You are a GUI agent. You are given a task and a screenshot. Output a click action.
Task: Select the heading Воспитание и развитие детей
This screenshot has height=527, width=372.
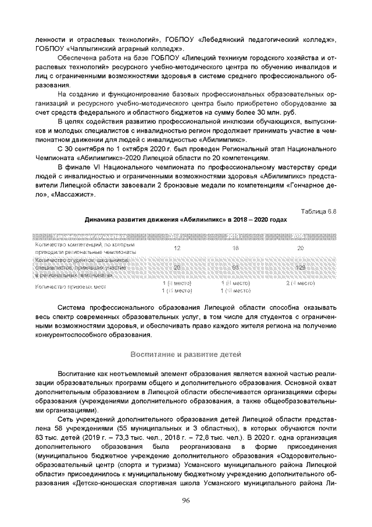186,355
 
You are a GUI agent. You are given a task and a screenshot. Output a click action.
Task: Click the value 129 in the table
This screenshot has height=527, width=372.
300,267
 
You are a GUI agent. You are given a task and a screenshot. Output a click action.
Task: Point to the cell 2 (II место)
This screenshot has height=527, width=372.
300,282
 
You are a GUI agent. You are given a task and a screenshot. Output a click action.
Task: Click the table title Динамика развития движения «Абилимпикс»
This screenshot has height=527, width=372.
185,221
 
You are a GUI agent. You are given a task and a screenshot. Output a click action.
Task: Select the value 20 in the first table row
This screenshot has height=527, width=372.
300,248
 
